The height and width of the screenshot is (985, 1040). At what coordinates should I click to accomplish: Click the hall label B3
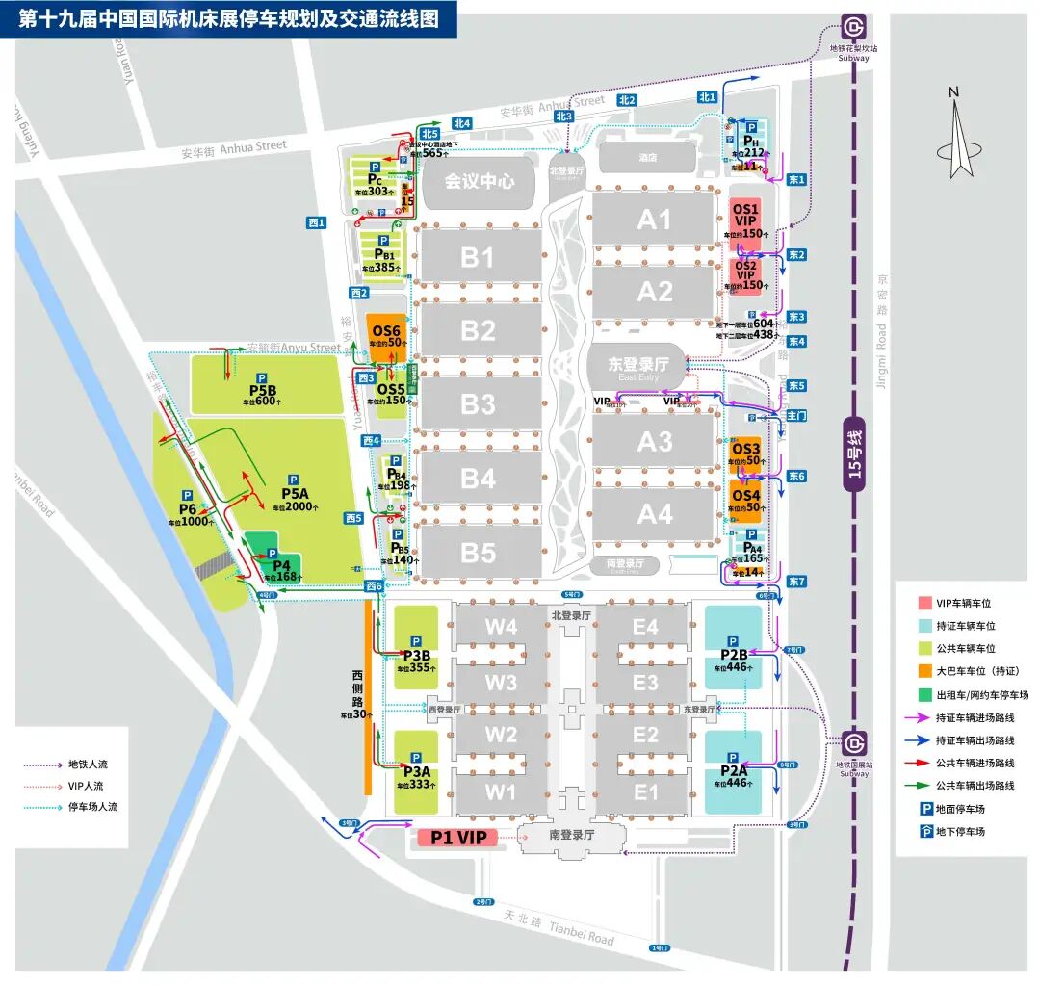pyautogui.click(x=478, y=403)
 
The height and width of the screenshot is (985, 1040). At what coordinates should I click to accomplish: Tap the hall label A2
pyautogui.click(x=655, y=291)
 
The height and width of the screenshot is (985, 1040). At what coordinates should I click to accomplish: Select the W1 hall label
pyautogui.click(x=501, y=793)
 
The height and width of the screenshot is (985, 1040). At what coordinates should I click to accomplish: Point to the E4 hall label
pyautogui.click(x=645, y=628)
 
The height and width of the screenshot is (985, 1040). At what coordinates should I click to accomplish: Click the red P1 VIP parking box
pyautogui.click(x=457, y=838)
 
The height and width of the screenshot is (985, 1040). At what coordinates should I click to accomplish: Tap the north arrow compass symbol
pyautogui.click(x=953, y=135)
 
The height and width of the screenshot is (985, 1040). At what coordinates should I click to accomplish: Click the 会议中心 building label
pyautogui.click(x=479, y=180)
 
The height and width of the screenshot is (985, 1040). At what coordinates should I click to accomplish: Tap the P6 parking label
pyautogui.click(x=188, y=510)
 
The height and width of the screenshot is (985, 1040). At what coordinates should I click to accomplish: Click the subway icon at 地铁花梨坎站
pyautogui.click(x=853, y=28)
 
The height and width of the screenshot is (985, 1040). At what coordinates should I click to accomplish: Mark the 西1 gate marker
pyautogui.click(x=317, y=222)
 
